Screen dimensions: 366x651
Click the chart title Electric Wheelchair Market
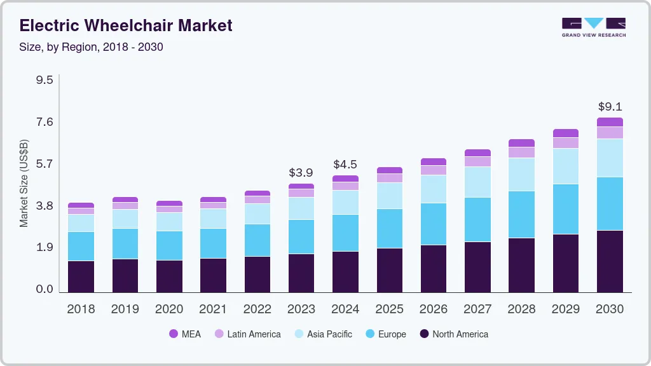click(126, 25)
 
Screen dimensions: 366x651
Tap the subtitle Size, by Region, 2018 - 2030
click(92, 47)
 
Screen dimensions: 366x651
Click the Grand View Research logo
click(593, 27)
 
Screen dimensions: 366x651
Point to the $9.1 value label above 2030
click(610, 107)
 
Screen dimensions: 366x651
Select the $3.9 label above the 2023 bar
click(301, 172)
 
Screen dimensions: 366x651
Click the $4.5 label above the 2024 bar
click(345, 165)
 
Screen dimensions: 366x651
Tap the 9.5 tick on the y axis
click(45, 80)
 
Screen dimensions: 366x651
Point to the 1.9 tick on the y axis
click(45, 247)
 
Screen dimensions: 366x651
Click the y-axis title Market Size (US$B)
click(24, 183)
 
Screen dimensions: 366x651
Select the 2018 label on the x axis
click(81, 309)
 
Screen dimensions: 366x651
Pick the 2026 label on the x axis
click(433, 309)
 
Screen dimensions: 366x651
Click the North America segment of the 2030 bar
click(610, 261)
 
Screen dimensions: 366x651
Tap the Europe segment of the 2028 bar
click(521, 214)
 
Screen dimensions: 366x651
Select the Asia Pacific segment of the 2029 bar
click(565, 166)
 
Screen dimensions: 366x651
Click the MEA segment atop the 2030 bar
click(610, 122)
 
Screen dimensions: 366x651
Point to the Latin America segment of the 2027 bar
click(477, 161)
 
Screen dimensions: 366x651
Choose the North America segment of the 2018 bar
click(81, 276)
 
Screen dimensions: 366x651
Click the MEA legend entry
click(185, 334)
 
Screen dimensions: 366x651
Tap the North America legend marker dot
click(423, 334)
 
